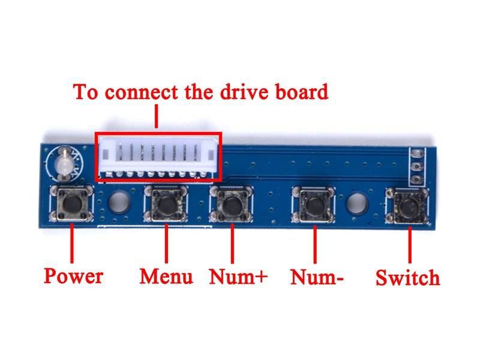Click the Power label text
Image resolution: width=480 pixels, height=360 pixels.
[x=73, y=276]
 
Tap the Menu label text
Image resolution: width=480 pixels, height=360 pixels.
[x=166, y=277]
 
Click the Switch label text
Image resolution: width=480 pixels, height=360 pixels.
[x=407, y=278]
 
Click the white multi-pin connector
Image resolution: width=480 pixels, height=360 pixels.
[x=158, y=157]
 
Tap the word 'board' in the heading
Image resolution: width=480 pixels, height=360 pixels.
[x=303, y=92]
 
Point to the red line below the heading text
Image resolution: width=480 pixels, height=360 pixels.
[x=157, y=117]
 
